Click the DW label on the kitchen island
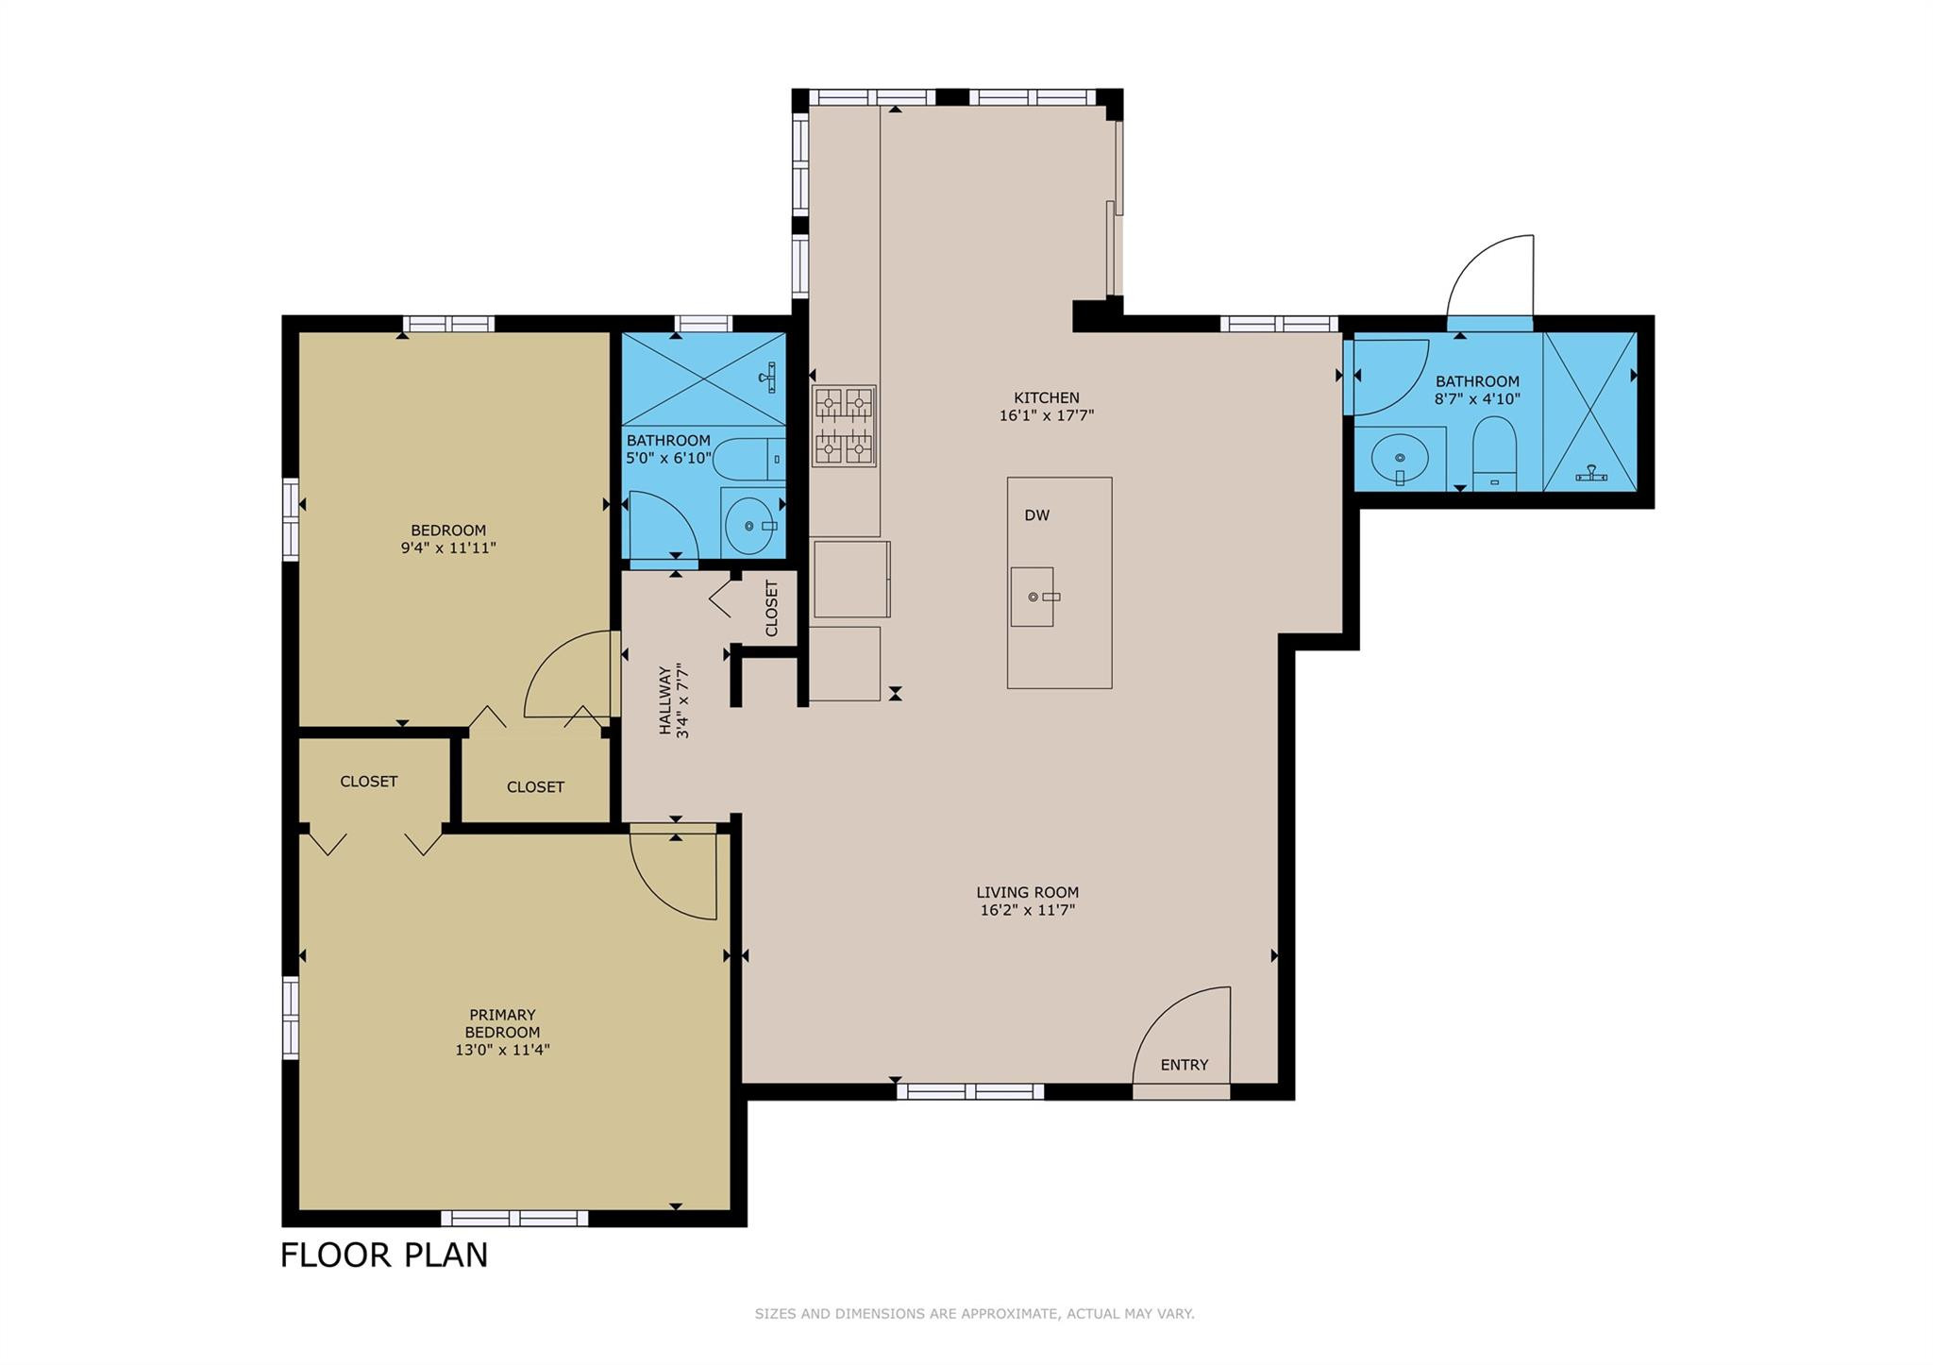tap(1037, 515)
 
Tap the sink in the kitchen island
tap(1032, 597)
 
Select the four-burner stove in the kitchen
tap(844, 426)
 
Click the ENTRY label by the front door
tap(1185, 1065)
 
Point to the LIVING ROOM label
tap(1027, 892)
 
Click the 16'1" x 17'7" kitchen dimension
tap(1046, 415)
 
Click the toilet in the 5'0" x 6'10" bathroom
tap(748, 460)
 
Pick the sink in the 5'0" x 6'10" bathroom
tap(753, 525)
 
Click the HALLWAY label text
tap(665, 700)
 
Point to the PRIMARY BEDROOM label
tap(502, 1023)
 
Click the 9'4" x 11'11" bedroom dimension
tap(448, 548)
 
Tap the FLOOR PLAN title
tap(384, 1255)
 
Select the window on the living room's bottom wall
tap(970, 1091)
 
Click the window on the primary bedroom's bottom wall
tap(514, 1218)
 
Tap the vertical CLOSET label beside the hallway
tap(771, 608)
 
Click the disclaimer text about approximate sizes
tap(974, 1313)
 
